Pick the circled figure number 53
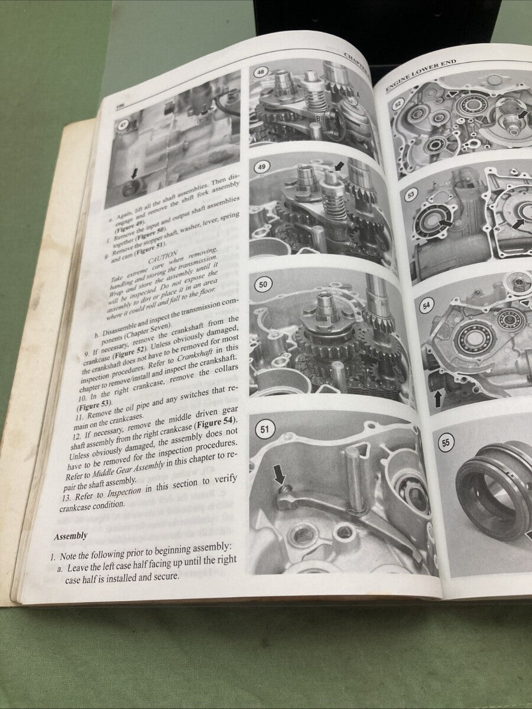pos(408,193)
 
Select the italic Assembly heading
pos(70,536)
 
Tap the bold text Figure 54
pos(215,420)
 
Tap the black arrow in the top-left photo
pos(134,174)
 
